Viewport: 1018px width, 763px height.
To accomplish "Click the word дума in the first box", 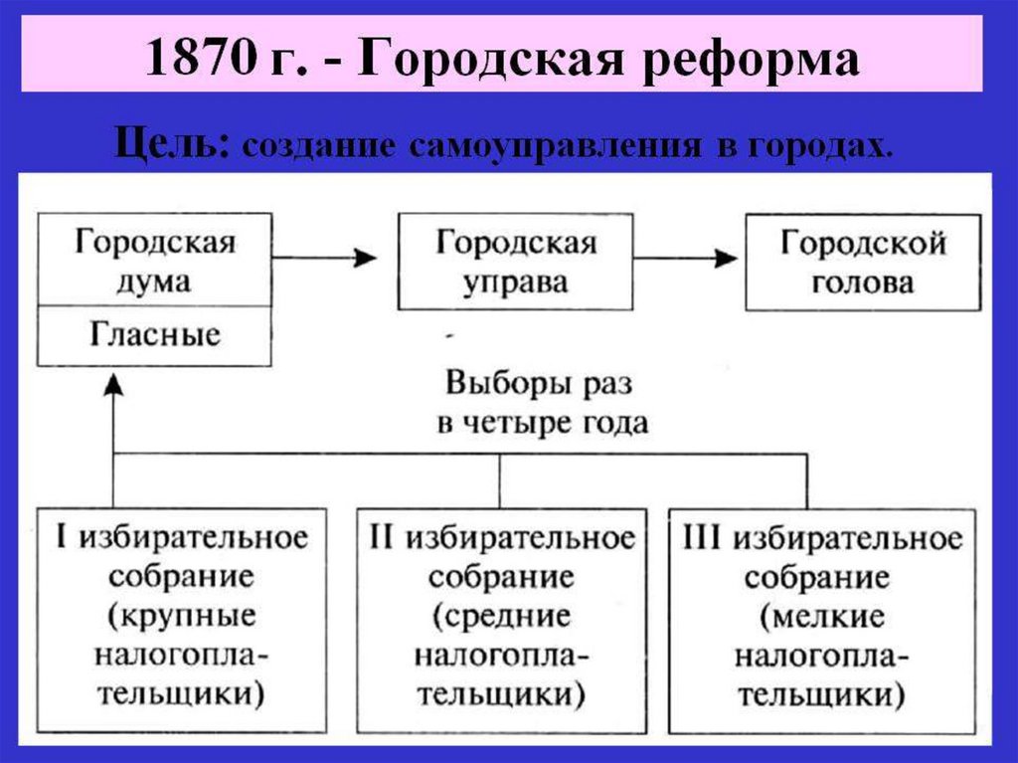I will [154, 282].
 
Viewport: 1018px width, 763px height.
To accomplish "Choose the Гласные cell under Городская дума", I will [154, 334].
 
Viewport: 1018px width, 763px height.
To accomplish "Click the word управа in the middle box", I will [517, 282].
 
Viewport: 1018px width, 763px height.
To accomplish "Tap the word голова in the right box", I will [863, 282].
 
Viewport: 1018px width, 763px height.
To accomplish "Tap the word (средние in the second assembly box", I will [501, 616].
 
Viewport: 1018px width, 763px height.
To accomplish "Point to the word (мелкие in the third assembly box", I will [821, 616].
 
